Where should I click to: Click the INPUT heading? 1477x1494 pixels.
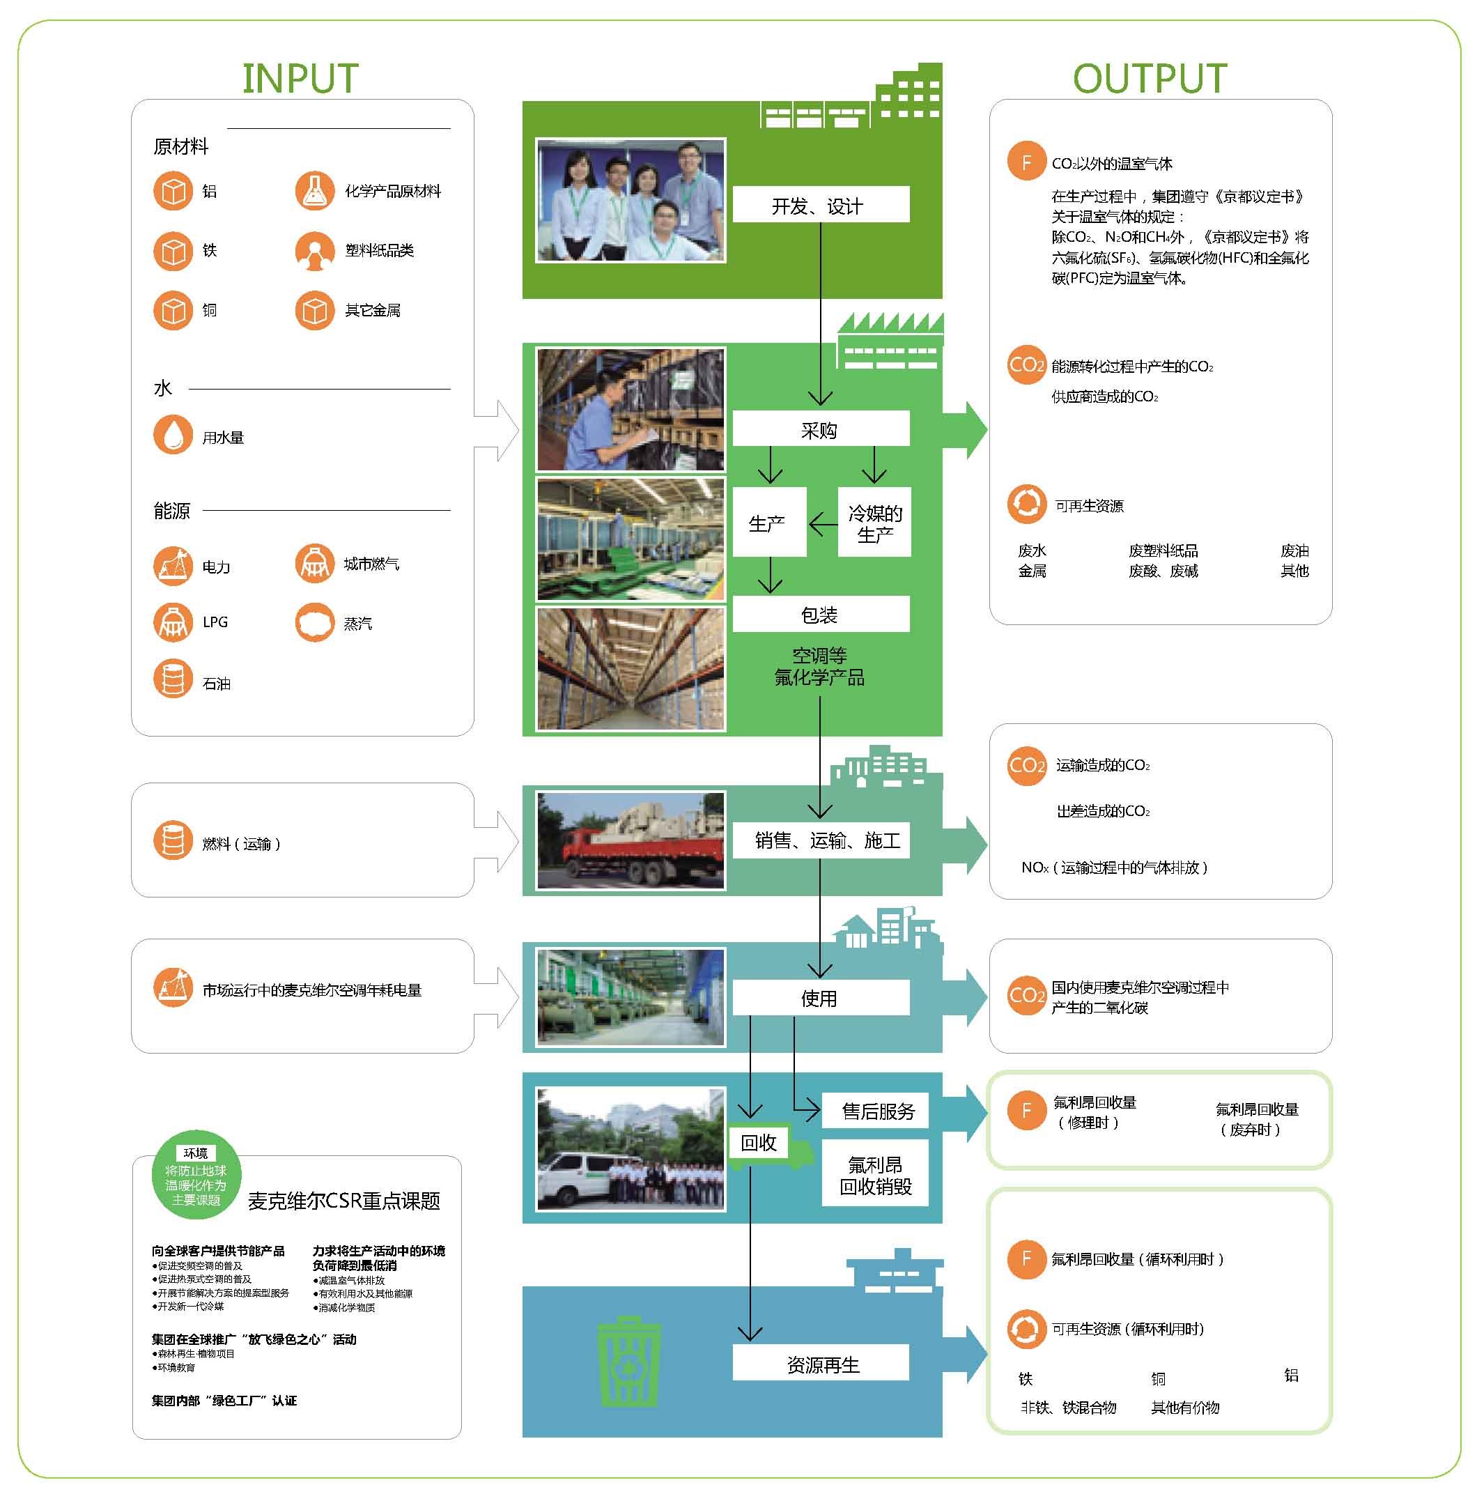pos(300,78)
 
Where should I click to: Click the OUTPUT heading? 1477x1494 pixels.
pos(1149,78)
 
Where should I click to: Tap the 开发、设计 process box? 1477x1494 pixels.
pos(820,205)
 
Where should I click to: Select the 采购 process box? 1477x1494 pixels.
pos(820,429)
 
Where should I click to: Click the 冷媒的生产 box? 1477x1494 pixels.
pos(874,523)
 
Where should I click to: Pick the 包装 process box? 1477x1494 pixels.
pos(820,614)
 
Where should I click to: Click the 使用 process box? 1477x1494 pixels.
pos(820,998)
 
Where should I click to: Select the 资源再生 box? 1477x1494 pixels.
pos(821,1365)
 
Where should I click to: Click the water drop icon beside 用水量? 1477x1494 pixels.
pos(173,435)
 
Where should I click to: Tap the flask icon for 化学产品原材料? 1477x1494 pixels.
pos(314,191)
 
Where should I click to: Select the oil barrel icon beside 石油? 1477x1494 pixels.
pos(173,679)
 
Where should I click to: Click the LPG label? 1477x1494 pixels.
pos(215,622)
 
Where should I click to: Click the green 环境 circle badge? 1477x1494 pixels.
pos(196,1176)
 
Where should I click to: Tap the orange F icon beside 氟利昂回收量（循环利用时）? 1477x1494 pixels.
pos(1026,1259)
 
